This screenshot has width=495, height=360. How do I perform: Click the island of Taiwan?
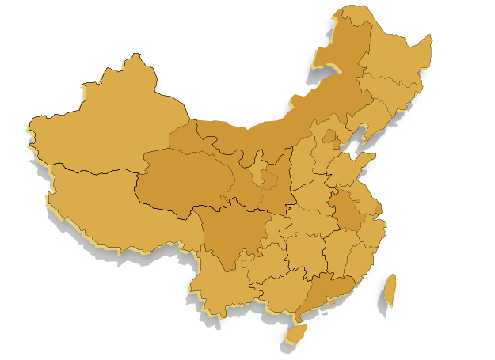(x=390, y=290)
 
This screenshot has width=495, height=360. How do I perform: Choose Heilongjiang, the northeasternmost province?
(x=396, y=59)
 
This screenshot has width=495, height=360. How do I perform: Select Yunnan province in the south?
(x=218, y=281)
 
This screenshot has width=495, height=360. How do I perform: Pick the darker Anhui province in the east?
(x=348, y=210)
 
